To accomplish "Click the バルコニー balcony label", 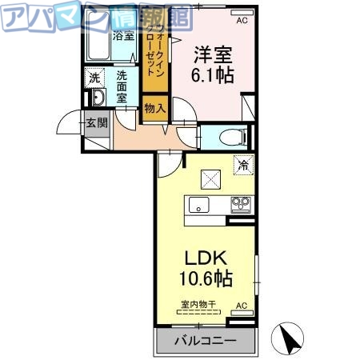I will [x=205, y=341].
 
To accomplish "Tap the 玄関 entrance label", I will [x=97, y=122].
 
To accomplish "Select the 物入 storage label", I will [x=154, y=108].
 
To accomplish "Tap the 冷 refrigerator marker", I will [x=242, y=166].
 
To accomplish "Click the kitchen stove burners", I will [x=241, y=203].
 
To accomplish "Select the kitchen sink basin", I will [x=199, y=204].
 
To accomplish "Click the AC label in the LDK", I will [x=242, y=306].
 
